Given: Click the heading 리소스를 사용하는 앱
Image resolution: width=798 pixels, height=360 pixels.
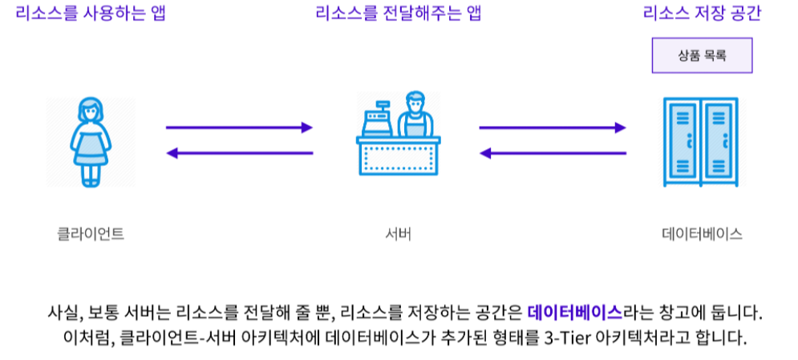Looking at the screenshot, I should tap(90, 14).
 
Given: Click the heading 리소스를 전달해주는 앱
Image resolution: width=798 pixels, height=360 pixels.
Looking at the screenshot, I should tap(399, 14).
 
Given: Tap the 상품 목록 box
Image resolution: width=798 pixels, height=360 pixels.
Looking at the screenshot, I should tap(703, 56).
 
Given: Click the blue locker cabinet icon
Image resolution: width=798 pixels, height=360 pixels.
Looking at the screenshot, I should tap(703, 142).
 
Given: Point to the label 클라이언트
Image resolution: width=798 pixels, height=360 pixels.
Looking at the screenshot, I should tap(91, 234).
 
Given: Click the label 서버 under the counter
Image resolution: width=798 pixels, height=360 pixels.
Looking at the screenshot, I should tap(399, 234).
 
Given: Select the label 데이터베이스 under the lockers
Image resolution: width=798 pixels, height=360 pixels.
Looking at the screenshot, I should tap(702, 234).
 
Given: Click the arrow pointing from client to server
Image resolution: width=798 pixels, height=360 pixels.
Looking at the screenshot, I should tap(239, 127).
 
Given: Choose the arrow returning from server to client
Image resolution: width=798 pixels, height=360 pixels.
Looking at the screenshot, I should tap(239, 152).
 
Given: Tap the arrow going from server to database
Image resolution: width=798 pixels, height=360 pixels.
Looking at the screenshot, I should tap(552, 127).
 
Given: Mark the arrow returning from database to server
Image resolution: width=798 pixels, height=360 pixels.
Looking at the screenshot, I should tap(552, 152).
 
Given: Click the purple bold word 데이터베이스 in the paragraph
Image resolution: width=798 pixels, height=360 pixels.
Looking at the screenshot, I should tap(575, 310).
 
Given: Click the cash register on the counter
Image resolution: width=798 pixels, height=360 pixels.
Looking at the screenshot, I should tap(375, 120).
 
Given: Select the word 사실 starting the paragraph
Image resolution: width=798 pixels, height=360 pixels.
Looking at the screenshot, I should tap(63, 310).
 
